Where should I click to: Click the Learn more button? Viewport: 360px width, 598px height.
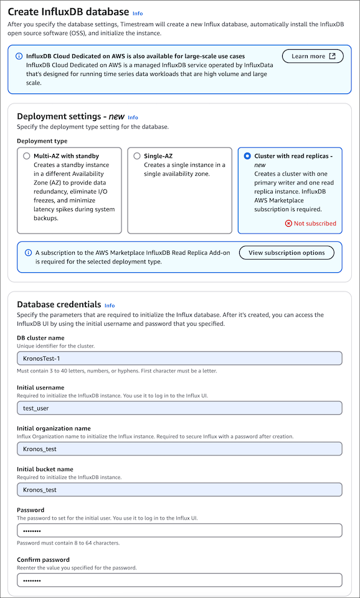click(313, 56)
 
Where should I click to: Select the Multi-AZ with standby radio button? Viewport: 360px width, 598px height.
click(26, 156)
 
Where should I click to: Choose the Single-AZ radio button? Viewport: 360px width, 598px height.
click(136, 156)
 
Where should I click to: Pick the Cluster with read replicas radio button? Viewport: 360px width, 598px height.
click(247, 156)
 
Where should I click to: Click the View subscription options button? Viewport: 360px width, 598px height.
click(287, 252)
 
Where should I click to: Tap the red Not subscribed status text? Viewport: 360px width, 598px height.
click(315, 223)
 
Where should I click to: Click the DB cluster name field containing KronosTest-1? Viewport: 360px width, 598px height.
click(179, 358)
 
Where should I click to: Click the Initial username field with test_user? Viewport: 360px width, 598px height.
click(179, 408)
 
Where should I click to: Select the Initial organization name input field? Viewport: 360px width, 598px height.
click(179, 448)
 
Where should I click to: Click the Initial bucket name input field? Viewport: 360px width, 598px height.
click(179, 490)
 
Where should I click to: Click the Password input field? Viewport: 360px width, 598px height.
click(179, 530)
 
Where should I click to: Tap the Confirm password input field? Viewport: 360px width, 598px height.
click(179, 580)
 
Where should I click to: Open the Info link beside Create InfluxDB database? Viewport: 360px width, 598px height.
click(138, 13)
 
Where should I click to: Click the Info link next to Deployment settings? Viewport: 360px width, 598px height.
click(133, 117)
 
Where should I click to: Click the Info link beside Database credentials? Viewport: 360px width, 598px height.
click(110, 306)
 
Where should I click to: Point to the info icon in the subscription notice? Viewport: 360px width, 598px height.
click(28, 253)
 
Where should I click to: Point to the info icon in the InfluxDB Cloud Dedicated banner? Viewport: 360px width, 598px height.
click(19, 55)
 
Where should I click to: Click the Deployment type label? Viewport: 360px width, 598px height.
click(42, 141)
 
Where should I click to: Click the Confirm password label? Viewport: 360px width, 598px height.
click(43, 559)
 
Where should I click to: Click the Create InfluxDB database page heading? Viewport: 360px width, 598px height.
click(68, 12)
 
